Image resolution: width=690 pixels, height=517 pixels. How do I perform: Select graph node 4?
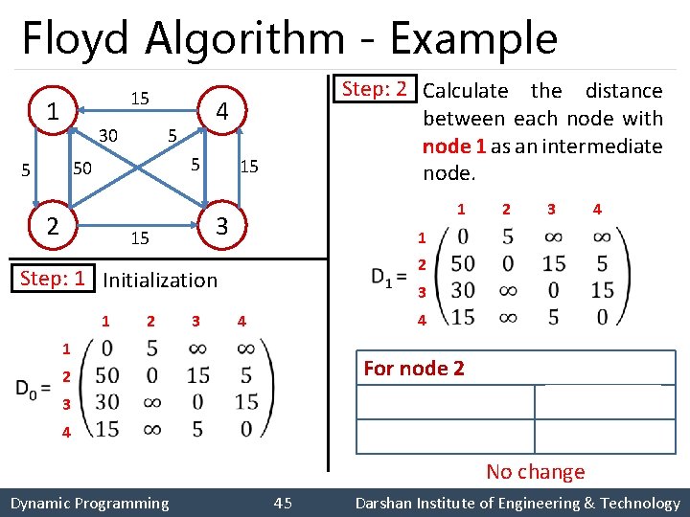[x=220, y=111]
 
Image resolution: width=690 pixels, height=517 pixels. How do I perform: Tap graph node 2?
[x=55, y=226]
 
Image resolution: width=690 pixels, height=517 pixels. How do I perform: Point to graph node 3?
[x=220, y=227]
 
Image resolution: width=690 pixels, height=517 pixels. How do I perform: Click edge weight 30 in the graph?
[x=108, y=136]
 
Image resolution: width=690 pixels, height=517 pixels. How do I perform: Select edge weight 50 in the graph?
[x=82, y=169]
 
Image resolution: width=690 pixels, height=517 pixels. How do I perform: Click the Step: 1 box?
[x=53, y=279]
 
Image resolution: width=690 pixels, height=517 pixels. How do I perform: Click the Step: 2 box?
[x=375, y=89]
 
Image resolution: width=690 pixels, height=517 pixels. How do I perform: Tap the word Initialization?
[x=160, y=280]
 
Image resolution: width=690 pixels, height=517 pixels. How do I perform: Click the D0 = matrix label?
[x=34, y=388]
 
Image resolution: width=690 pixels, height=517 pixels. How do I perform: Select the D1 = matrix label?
[x=390, y=278]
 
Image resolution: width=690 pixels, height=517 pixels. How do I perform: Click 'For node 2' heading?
[x=414, y=368]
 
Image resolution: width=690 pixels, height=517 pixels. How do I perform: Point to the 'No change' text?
[x=535, y=471]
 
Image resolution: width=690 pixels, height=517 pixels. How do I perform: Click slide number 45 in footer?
[x=283, y=503]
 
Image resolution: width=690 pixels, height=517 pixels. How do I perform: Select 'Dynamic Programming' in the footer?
[x=89, y=503]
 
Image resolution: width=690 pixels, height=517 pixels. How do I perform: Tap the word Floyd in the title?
[x=78, y=39]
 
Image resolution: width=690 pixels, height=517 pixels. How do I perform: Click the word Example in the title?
[x=473, y=39]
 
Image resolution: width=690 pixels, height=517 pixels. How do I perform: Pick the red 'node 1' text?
[x=454, y=146]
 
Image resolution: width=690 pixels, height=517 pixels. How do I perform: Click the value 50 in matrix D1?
[x=463, y=263]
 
